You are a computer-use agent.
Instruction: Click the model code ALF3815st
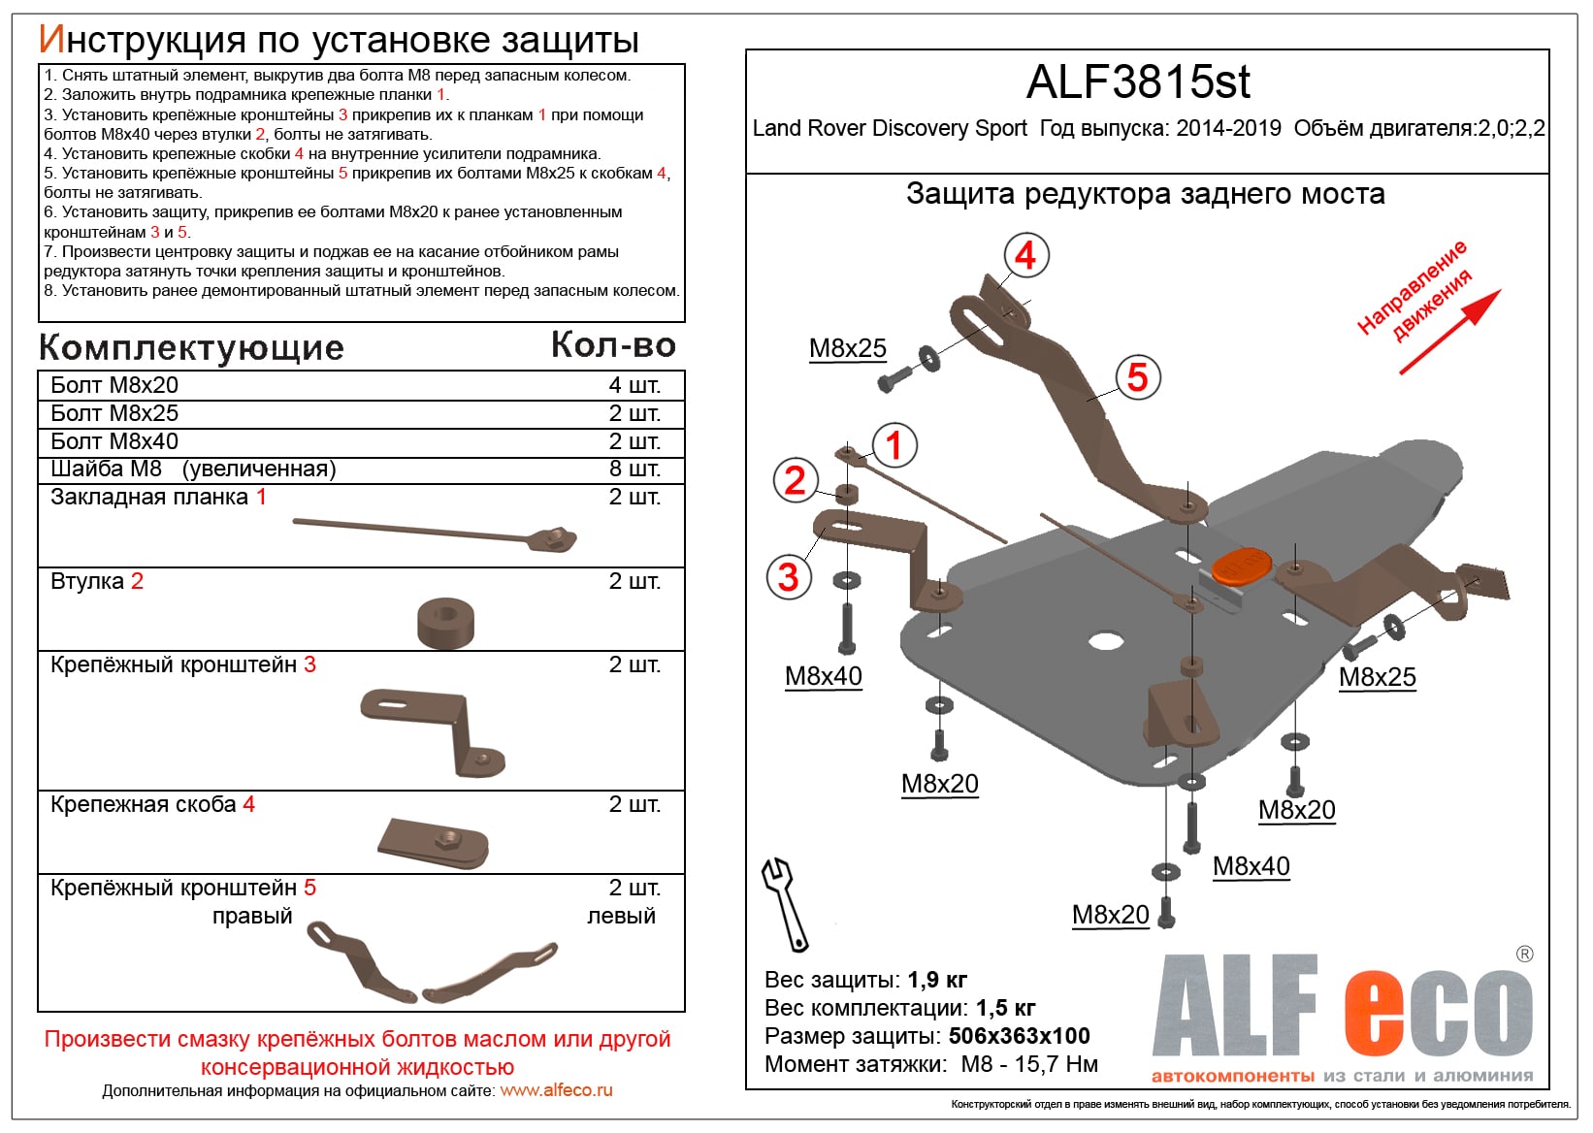[x=1138, y=82]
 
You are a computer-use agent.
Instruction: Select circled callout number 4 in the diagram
[x=1025, y=256]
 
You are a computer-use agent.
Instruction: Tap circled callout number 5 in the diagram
[x=1137, y=377]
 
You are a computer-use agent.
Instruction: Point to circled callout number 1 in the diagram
[x=894, y=445]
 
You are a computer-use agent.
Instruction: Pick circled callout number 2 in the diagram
[x=795, y=480]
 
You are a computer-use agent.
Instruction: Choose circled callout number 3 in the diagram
[x=788, y=577]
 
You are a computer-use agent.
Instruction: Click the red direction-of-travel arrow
[x=1450, y=332]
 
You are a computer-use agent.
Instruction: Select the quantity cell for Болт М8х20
[x=634, y=385]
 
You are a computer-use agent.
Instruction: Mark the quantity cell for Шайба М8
[x=634, y=469]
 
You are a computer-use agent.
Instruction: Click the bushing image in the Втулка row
[x=445, y=623]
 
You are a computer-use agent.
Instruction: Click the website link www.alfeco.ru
[x=556, y=1090]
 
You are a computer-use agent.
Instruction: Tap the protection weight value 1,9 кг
[x=937, y=980]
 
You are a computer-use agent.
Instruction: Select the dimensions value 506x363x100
[x=1019, y=1036]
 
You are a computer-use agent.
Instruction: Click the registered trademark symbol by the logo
[x=1524, y=955]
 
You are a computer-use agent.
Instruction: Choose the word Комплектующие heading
[x=191, y=347]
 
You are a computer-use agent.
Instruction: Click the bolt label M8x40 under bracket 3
[x=823, y=676]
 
